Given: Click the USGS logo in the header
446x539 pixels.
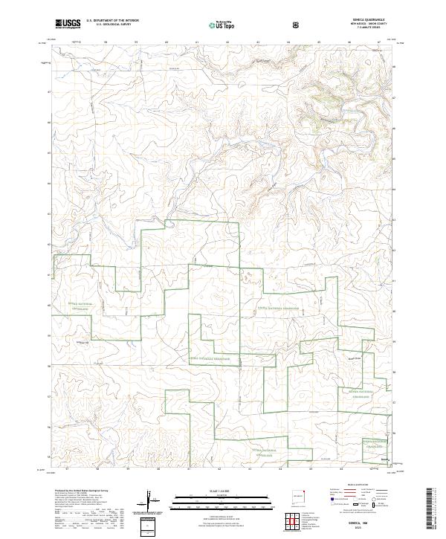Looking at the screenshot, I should pos(68,23).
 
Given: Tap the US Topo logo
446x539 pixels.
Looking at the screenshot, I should pos(216,24).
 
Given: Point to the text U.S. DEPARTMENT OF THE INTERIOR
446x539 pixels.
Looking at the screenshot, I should pos(112,20).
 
